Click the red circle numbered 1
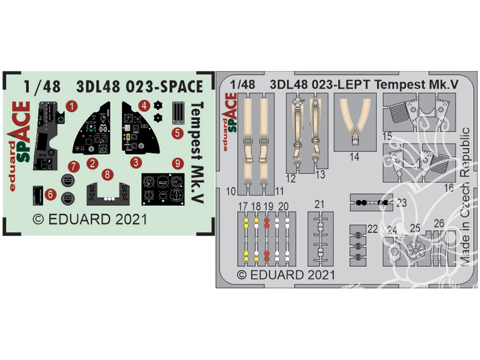[71, 106]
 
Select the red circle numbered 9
[177, 164]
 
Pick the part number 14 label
[355, 156]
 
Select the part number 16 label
[449, 187]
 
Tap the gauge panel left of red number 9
[163, 188]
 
